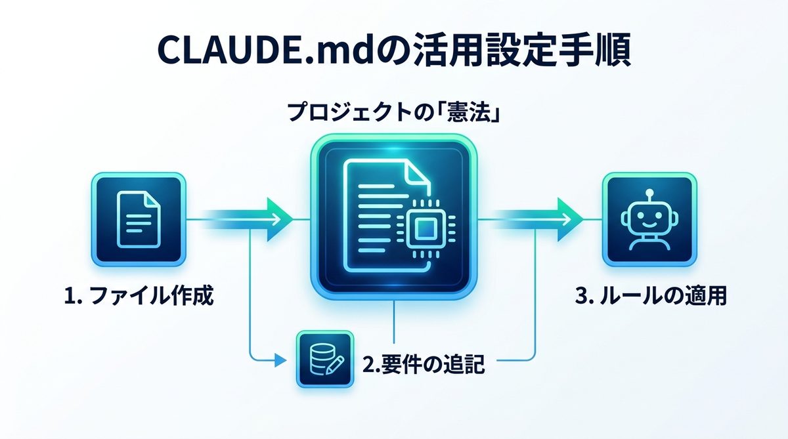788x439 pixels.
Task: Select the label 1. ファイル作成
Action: point(139,296)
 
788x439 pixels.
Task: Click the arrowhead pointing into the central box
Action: point(281,218)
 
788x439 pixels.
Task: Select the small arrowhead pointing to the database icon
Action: point(281,360)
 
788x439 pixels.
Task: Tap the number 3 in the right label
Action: point(581,296)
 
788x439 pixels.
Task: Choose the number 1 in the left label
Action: point(69,296)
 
